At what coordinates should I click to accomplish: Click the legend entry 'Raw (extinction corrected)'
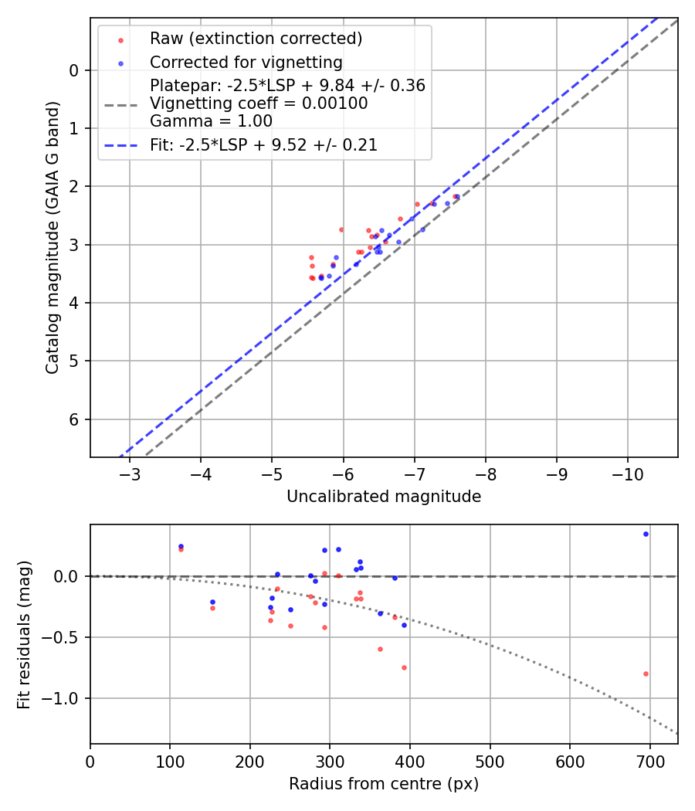256,39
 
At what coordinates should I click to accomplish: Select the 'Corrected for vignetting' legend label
246,62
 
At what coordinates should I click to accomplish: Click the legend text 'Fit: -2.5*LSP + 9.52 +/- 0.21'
263,144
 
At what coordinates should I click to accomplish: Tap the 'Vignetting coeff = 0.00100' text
259,103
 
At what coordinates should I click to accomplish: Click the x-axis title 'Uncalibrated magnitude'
384,497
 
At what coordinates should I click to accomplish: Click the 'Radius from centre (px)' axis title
384,784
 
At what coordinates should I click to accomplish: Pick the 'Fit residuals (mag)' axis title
25,634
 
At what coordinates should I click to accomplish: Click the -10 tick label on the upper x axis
627,473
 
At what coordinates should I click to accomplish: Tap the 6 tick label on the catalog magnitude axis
75,419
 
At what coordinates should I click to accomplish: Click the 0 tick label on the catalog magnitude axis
75,70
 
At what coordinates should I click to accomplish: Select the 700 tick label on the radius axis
649,760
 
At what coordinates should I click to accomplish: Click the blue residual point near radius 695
646,534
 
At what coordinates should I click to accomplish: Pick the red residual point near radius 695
646,674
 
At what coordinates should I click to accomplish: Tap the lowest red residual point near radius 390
404,667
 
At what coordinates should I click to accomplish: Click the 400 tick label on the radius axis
410,760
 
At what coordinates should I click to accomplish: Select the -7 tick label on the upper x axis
414,473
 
